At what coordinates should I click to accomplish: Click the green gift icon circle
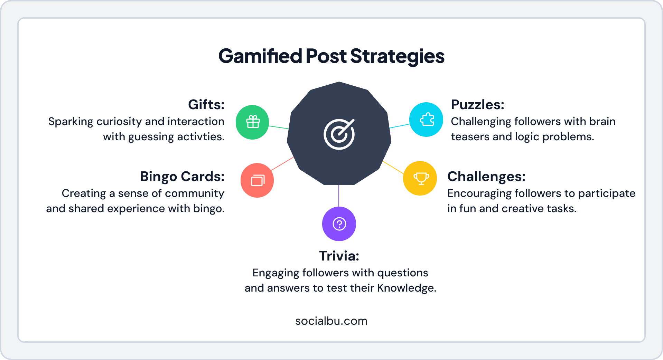tap(252, 122)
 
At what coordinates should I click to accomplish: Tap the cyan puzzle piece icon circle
tap(426, 120)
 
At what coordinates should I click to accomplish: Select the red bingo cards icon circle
tap(257, 180)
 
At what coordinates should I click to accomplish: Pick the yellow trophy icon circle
tap(420, 178)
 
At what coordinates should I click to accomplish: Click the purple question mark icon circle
tap(339, 224)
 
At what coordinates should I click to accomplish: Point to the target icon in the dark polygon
tap(339, 134)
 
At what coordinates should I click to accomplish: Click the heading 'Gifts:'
tap(206, 105)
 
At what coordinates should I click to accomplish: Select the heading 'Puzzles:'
tap(477, 105)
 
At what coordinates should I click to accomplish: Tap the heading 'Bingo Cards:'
tap(182, 177)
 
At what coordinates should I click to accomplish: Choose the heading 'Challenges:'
tap(486, 177)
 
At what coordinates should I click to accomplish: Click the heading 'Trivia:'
tap(339, 256)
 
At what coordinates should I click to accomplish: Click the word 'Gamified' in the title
tap(260, 56)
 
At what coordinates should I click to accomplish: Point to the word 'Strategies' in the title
tap(397, 56)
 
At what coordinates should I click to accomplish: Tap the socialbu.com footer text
tap(331, 321)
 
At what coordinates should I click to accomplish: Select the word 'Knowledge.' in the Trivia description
tap(407, 288)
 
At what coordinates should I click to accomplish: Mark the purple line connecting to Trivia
tap(339, 196)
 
